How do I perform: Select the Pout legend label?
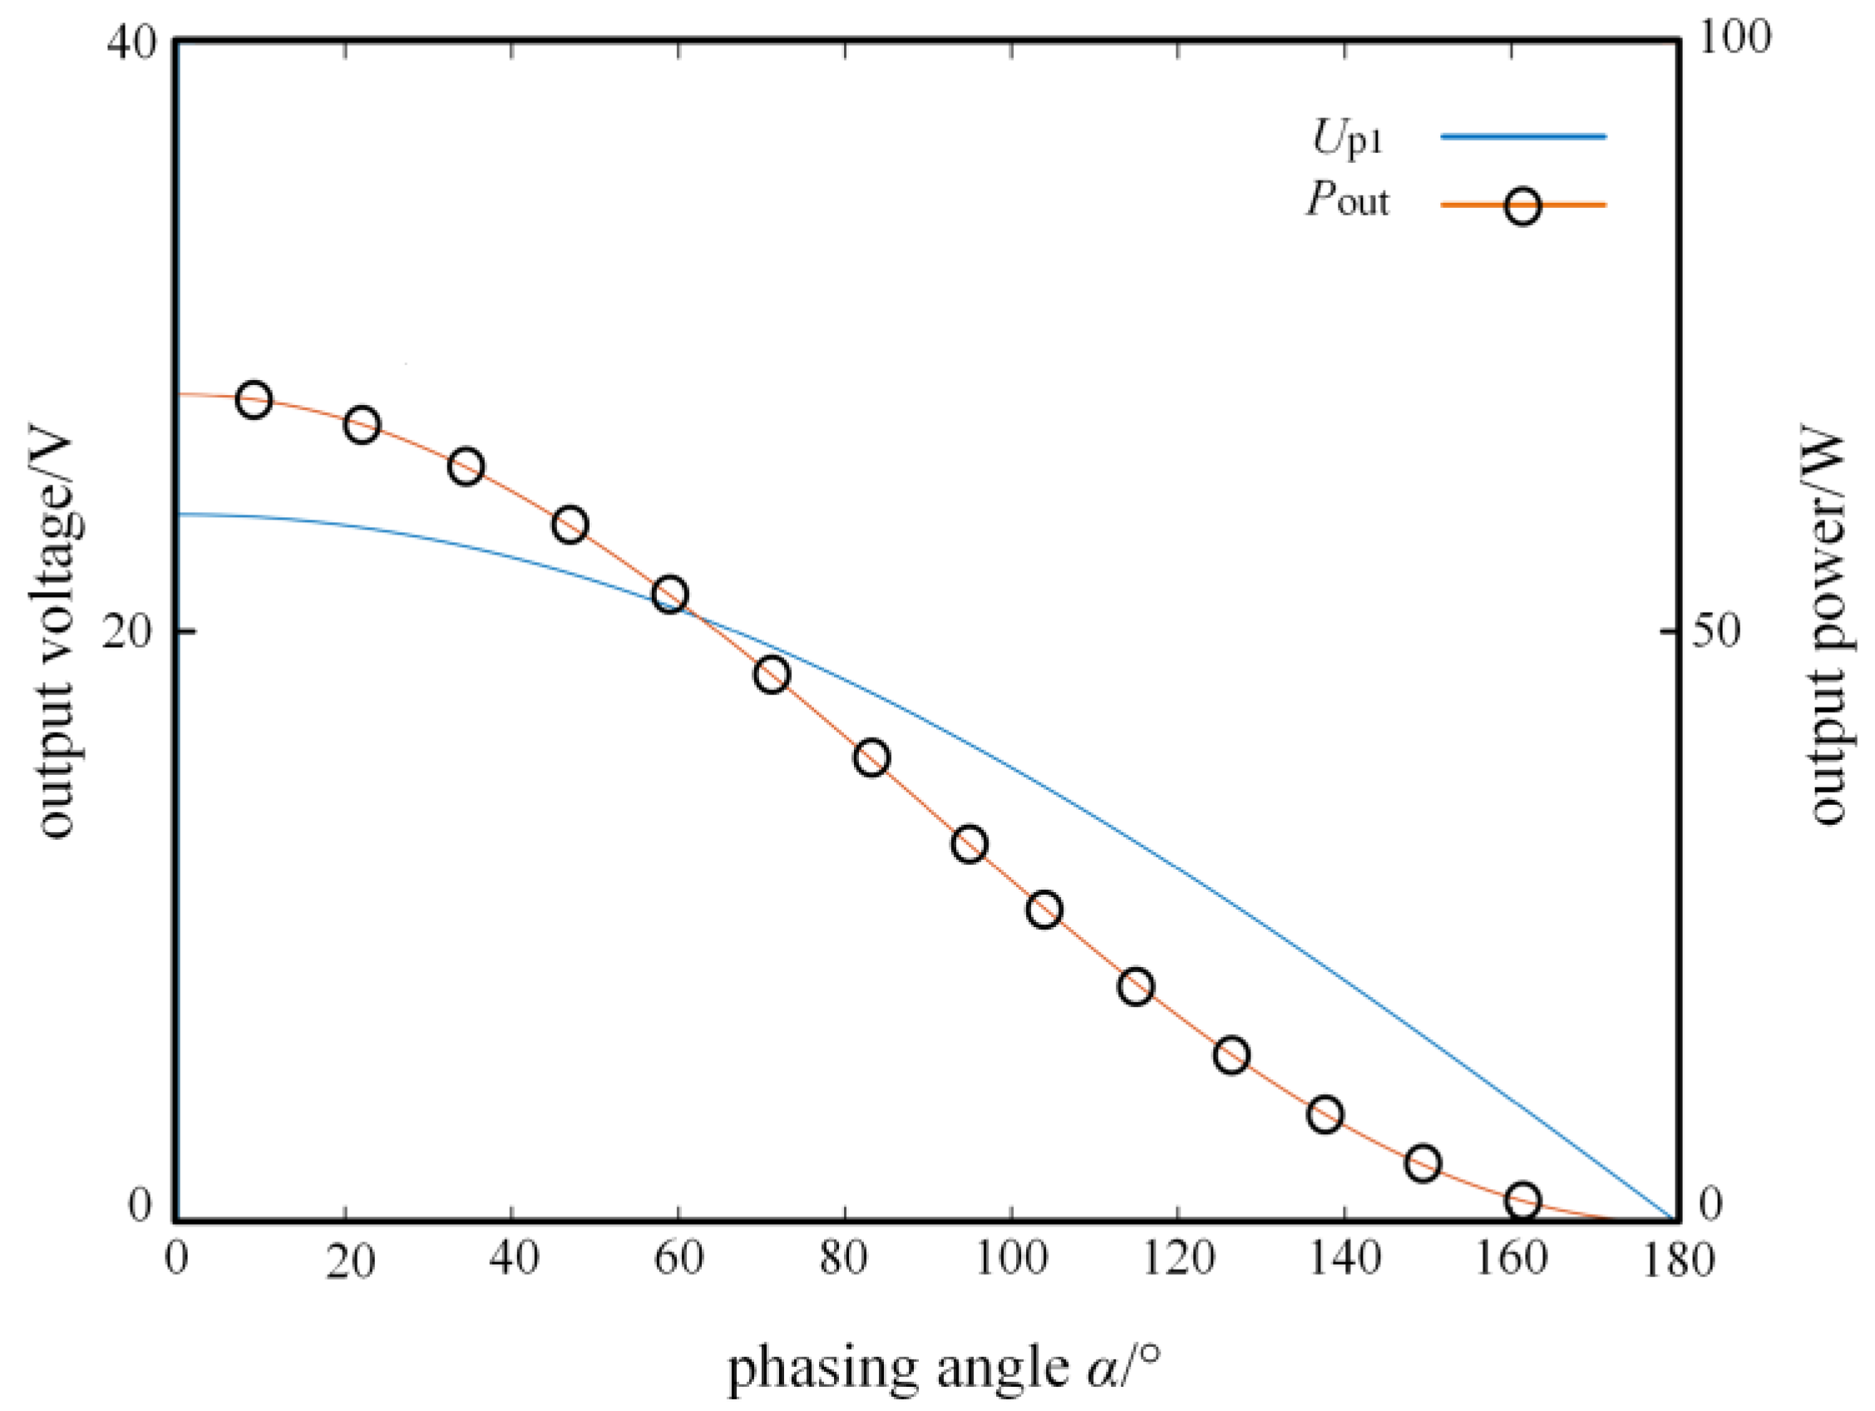pyautogui.click(x=1348, y=201)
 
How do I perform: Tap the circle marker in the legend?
pyautogui.click(x=1522, y=206)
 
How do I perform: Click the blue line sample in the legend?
pyautogui.click(x=1522, y=136)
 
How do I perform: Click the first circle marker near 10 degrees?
pyautogui.click(x=254, y=399)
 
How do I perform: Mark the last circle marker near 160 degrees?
pyautogui.click(x=1523, y=1200)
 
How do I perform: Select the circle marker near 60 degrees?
pyautogui.click(x=669, y=594)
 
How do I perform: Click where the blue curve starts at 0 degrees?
pyautogui.click(x=180, y=514)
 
